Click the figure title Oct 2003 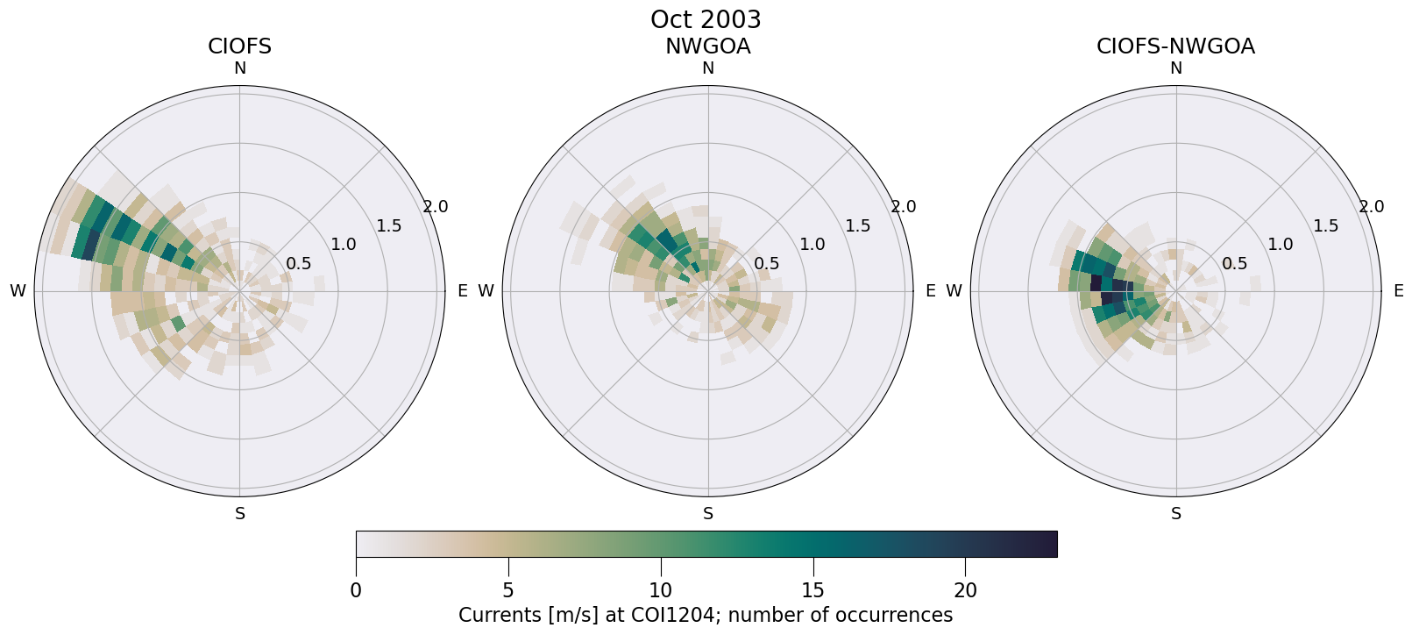(706, 19)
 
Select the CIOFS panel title (239, 46)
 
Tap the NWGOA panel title (707, 46)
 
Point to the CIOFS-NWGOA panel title (1175, 46)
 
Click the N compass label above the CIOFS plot (239, 68)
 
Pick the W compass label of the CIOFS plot (18, 291)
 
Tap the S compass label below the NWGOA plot (708, 514)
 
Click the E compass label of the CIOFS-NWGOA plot (1399, 291)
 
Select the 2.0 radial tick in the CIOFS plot (436, 207)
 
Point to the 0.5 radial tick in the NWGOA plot (767, 263)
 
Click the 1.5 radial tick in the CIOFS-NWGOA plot (1326, 225)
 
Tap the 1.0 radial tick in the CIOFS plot (344, 244)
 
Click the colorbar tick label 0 (356, 591)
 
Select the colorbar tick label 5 (508, 591)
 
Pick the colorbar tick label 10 (661, 591)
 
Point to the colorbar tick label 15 (813, 591)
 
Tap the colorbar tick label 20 (966, 591)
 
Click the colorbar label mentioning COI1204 (706, 615)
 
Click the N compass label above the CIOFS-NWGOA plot (1176, 68)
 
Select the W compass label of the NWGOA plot (486, 291)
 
